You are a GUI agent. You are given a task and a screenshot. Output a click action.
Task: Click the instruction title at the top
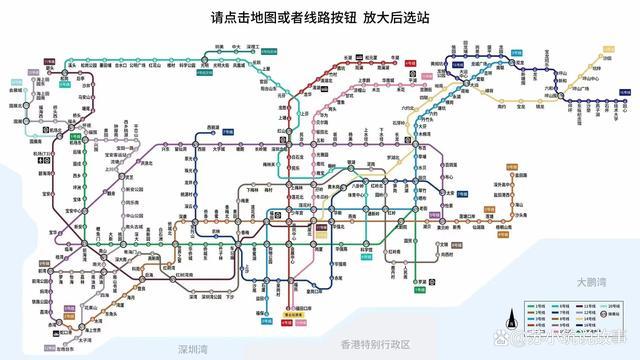click(x=320, y=18)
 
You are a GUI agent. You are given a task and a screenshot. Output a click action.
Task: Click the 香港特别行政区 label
click(x=375, y=344)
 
